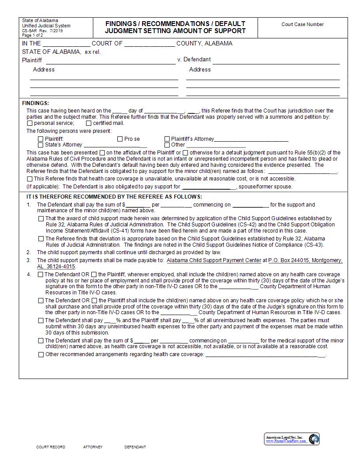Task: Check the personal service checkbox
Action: point(30,124)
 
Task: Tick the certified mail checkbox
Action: point(89,124)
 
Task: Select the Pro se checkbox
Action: point(120,139)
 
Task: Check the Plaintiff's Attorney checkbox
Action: point(167,139)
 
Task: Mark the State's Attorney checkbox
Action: point(41,145)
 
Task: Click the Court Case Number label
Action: point(302,25)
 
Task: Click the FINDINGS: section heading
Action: point(36,103)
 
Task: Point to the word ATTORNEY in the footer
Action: point(93,447)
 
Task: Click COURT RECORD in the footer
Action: point(51,447)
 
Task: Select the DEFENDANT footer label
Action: point(135,447)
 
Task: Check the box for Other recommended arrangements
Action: point(41,355)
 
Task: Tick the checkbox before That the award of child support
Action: point(41,218)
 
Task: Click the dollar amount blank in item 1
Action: point(138,205)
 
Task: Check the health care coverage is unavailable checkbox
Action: point(30,179)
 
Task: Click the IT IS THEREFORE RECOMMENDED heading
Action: point(114,197)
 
